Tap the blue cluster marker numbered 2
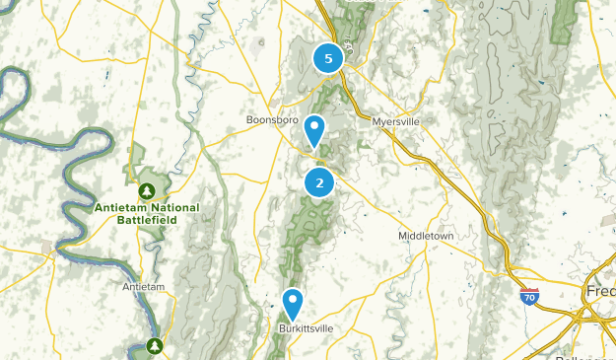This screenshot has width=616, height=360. click(x=319, y=182)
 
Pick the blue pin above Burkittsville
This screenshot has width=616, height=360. click(x=293, y=304)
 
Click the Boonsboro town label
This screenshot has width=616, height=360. click(x=271, y=121)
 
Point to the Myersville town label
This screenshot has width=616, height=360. click(x=397, y=122)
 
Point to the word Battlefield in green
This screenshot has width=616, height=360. click(x=147, y=222)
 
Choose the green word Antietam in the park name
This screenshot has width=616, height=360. click(x=119, y=208)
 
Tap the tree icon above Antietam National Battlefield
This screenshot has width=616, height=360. click(x=147, y=189)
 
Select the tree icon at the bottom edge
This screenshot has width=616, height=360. click(x=155, y=345)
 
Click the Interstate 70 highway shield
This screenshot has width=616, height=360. click(x=529, y=296)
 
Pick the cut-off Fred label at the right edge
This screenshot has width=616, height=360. click(x=602, y=295)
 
